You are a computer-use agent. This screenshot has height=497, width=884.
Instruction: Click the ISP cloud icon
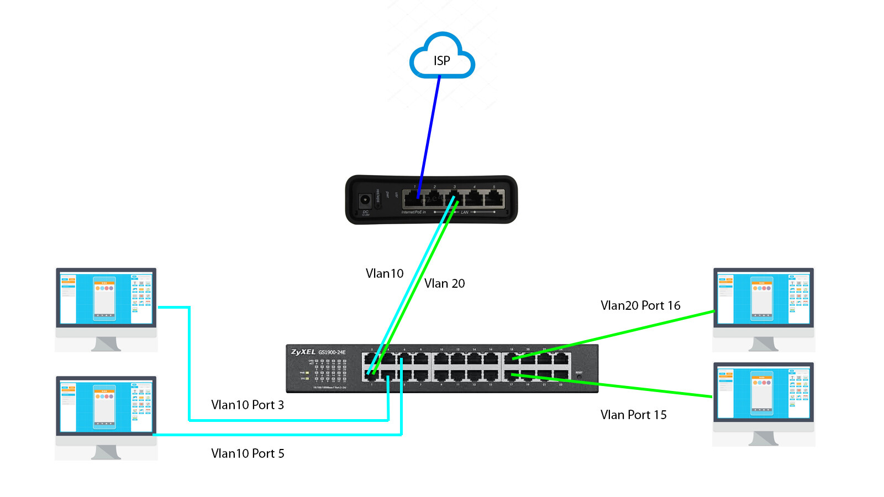pyautogui.click(x=441, y=57)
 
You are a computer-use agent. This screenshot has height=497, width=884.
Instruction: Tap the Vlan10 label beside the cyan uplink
pyautogui.click(x=385, y=273)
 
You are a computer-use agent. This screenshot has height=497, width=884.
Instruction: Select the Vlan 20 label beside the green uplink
pyautogui.click(x=444, y=283)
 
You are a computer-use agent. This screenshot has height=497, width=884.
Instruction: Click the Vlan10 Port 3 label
pyautogui.click(x=247, y=405)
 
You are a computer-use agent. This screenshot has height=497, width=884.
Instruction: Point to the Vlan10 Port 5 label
pyautogui.click(x=247, y=453)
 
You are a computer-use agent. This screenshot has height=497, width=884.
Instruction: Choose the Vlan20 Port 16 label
pyautogui.click(x=640, y=305)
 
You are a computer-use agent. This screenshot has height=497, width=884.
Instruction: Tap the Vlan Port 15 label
pyautogui.click(x=633, y=415)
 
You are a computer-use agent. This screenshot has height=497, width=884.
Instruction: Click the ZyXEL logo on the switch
pyautogui.click(x=303, y=352)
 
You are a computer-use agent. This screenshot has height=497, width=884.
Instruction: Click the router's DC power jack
pyautogui.click(x=365, y=199)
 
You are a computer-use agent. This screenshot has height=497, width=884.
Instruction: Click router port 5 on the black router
pyautogui.click(x=494, y=198)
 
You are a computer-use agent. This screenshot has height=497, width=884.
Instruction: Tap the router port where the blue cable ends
pyautogui.click(x=415, y=198)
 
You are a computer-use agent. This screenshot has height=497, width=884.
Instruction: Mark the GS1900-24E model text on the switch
pyautogui.click(x=331, y=352)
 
